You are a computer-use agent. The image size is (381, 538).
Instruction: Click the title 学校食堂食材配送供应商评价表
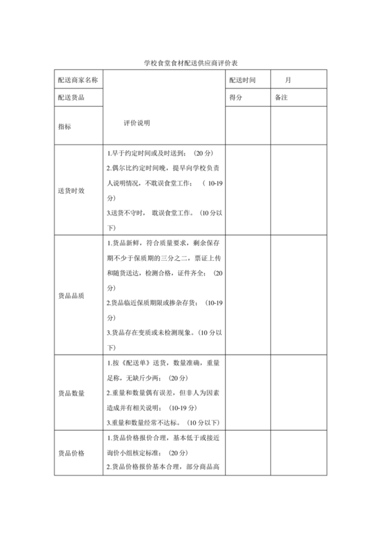pyautogui.click(x=190, y=62)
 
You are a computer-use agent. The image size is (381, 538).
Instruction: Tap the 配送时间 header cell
pyautogui.click(x=243, y=80)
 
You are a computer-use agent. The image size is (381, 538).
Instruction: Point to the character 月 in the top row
pyautogui.click(x=288, y=80)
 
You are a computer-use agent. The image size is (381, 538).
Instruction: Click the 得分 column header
pyautogui.click(x=236, y=98)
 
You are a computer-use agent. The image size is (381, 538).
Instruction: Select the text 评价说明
pyautogui.click(x=137, y=123)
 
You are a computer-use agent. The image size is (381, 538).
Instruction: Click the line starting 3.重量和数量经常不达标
pyautogui.click(x=162, y=423)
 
